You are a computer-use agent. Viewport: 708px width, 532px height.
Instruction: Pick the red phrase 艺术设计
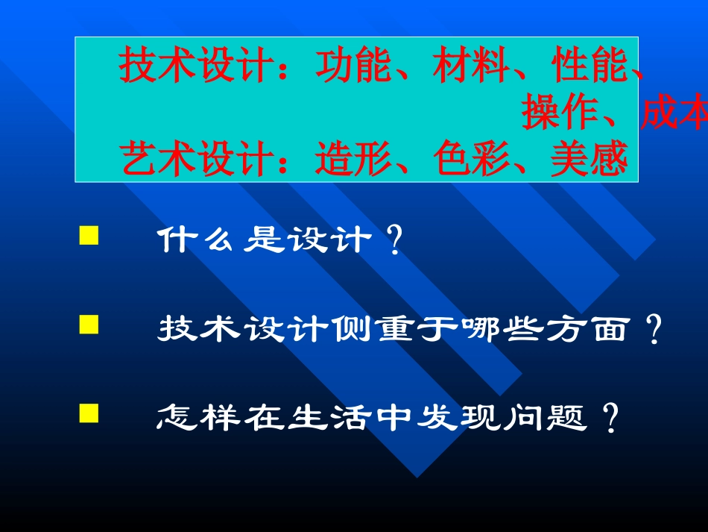197,159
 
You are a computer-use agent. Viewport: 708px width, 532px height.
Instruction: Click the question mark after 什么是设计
396,242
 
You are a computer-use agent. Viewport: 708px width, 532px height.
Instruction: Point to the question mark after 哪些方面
654,329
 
